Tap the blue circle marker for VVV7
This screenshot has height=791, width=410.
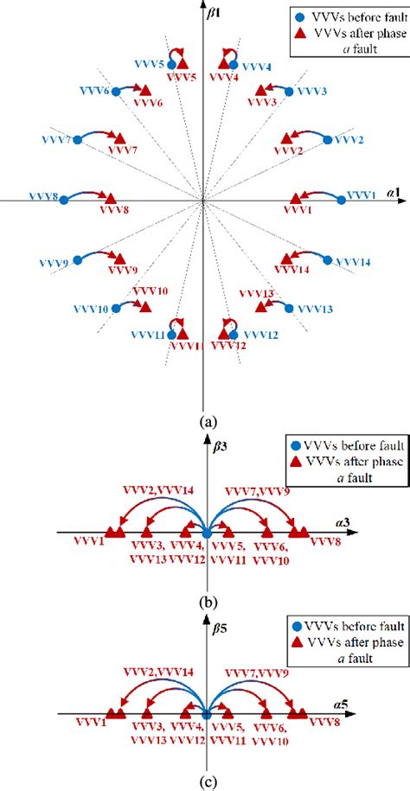76,138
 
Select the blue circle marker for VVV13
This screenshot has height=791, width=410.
289,308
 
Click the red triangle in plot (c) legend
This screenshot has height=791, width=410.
285,642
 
